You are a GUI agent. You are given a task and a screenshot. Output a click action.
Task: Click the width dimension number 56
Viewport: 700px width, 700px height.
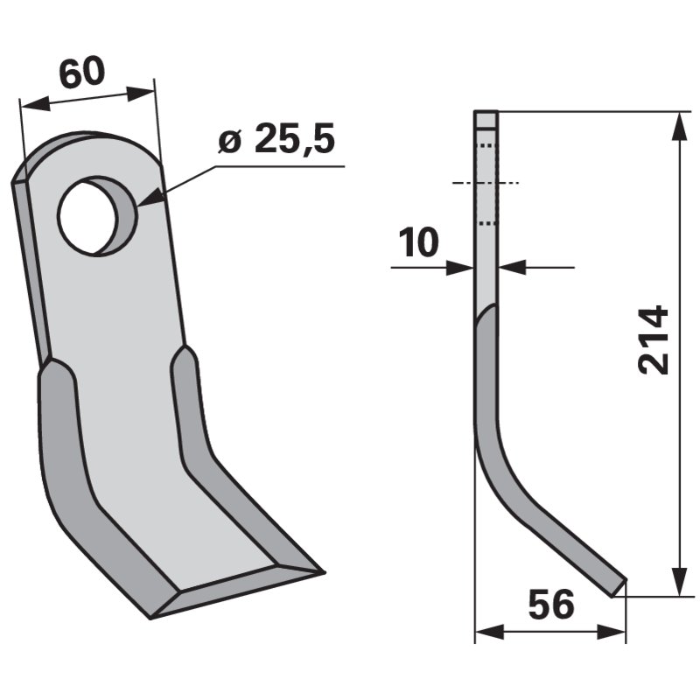coord(550,605)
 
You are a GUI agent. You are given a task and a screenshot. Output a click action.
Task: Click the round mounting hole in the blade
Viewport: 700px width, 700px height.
coord(96,215)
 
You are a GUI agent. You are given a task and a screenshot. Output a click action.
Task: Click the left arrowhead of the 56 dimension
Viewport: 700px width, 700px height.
coord(485,632)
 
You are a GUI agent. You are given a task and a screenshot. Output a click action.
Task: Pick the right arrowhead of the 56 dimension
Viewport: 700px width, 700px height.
coord(615,632)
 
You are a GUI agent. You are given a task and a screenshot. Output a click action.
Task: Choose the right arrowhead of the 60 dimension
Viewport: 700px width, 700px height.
coord(143,90)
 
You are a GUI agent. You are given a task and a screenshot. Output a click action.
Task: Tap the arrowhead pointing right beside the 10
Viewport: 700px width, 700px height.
coord(461,267)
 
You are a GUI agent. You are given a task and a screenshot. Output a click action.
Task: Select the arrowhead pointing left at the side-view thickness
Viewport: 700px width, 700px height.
coord(512,267)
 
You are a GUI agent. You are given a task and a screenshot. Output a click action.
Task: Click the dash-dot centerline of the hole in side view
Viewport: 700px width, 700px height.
coord(486,183)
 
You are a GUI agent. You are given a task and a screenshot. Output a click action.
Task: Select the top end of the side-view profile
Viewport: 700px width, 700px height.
coord(486,114)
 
